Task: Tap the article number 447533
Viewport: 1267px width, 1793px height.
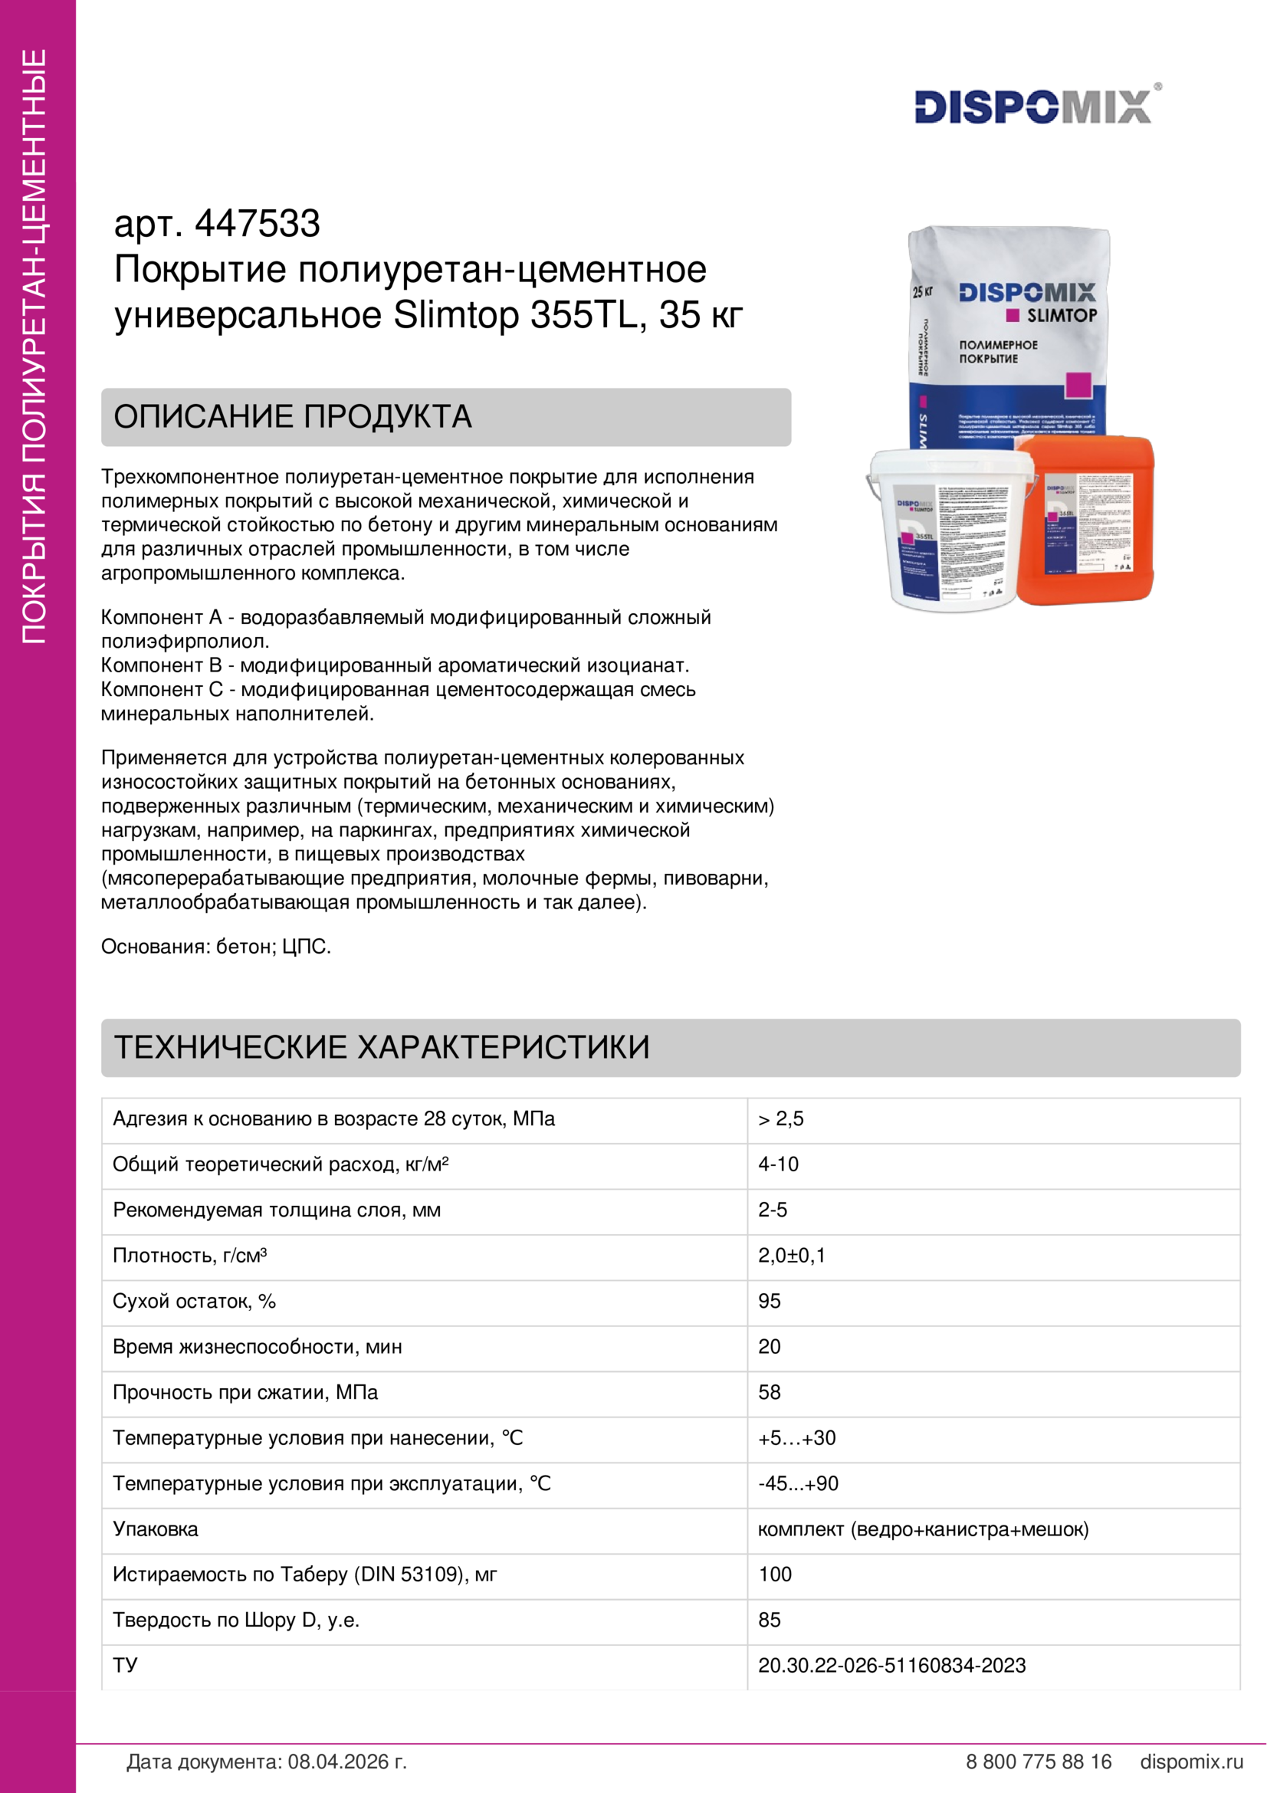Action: (257, 223)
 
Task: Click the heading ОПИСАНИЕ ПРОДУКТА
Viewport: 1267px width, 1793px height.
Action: (293, 417)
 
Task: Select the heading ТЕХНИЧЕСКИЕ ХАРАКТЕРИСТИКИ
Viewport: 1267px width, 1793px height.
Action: (382, 1047)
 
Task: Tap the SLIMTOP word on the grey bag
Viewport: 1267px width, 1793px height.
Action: (1061, 316)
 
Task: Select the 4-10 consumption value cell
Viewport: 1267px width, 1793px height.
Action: (778, 1164)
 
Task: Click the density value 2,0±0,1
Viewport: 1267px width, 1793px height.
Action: (792, 1255)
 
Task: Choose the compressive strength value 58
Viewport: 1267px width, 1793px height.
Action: (769, 1391)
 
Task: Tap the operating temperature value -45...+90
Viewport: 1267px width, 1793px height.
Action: (798, 1483)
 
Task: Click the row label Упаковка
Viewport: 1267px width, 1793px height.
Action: (156, 1529)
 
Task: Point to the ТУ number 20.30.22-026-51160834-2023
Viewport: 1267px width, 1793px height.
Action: (891, 1665)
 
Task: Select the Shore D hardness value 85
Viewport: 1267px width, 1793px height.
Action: (769, 1620)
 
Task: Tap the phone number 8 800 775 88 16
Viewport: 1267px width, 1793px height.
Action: (1039, 1761)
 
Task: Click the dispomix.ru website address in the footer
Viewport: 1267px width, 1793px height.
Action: (1191, 1761)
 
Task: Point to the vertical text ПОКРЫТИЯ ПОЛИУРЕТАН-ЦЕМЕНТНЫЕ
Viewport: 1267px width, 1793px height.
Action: (34, 346)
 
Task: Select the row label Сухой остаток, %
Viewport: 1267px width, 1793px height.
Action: (195, 1300)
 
